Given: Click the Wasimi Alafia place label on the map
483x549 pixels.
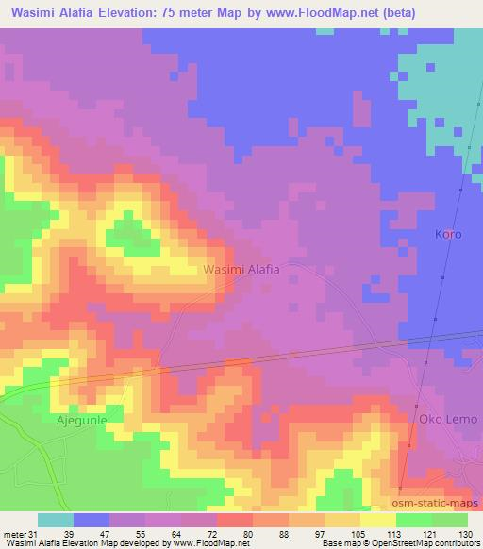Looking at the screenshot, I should [241, 269].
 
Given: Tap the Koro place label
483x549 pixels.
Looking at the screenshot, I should [448, 233].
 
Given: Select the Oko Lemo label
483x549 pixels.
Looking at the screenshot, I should [449, 418].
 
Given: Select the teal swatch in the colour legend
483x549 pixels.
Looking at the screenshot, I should [55, 520].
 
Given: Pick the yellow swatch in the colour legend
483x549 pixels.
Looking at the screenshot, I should [378, 520].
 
